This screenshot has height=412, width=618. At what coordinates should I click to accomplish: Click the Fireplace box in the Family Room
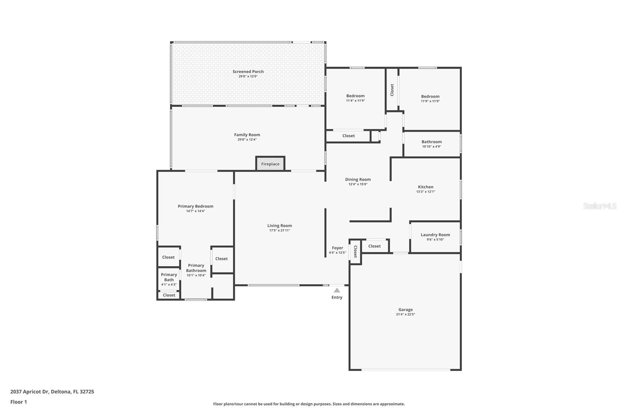coord(270,163)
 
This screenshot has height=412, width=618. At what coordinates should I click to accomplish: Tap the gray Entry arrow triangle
coord(337,290)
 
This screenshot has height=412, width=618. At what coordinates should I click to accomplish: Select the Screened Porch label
coord(248,72)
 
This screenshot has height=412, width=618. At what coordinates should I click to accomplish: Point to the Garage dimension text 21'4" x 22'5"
coord(406,314)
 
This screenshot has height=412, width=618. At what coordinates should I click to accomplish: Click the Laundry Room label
coord(435,235)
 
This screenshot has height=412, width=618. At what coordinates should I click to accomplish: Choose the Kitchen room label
coord(425,187)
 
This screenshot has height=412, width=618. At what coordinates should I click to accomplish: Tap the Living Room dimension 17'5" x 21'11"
coord(280,230)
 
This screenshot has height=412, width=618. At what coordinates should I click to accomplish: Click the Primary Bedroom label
coord(195,206)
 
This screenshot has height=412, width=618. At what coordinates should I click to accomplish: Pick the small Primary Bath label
coord(169,277)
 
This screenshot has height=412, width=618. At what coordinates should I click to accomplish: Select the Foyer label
coord(338,248)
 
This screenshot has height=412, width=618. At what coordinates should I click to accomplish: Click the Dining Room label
coord(358,179)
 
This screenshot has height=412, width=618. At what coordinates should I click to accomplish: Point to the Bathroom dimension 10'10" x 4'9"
coord(431,146)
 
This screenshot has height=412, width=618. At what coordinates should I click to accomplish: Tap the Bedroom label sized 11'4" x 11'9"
coord(355,96)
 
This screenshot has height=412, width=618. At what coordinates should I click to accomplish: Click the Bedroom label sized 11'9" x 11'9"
coord(430,96)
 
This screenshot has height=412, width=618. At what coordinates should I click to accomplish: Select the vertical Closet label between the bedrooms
coord(392,90)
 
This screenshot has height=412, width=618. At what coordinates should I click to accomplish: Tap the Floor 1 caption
coord(19,402)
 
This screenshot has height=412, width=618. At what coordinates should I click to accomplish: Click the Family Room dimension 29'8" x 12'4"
coord(247,140)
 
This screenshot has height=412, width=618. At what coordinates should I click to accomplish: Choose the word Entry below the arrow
coord(337,297)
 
